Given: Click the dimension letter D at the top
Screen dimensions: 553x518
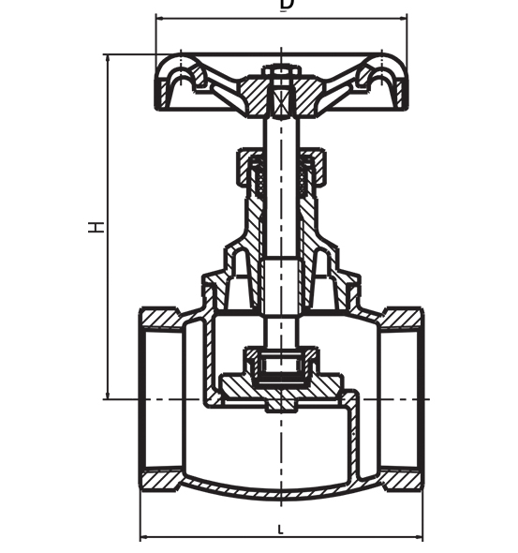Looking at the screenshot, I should pos(287,5).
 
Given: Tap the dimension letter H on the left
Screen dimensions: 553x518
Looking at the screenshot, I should pos(96,226).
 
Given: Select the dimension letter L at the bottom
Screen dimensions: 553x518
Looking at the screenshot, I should pos(280,530).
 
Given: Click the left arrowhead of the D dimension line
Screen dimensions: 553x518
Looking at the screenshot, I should pos(159,17).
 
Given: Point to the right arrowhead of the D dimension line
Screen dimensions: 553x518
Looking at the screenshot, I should pos(404,17).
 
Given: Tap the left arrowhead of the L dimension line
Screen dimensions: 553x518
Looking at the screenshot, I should pos(144,538).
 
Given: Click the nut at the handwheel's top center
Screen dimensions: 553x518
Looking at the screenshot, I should pos(280,71).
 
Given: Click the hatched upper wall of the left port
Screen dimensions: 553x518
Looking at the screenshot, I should pos(161,318).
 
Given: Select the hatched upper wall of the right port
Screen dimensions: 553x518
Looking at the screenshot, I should pos(401,318).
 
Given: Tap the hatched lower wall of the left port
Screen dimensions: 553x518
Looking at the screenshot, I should pos(161,480).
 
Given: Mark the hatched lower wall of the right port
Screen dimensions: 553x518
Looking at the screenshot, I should pos(401,480).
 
